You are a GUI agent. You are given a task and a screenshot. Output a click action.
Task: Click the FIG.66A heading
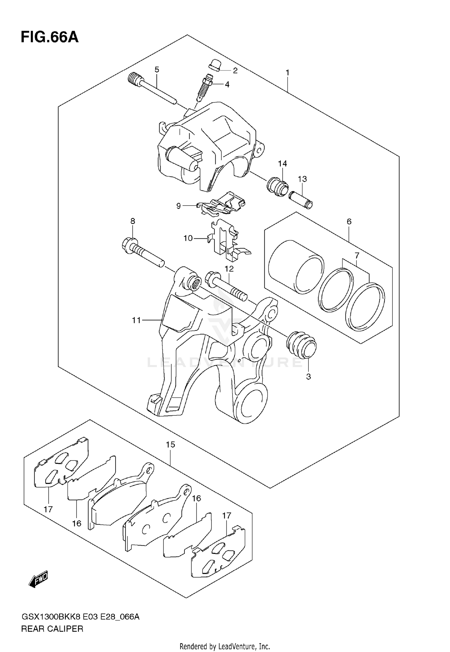coord(49,38)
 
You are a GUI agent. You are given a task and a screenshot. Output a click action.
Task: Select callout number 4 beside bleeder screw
coord(227,85)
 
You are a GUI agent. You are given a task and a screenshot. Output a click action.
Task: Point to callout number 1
coord(287,73)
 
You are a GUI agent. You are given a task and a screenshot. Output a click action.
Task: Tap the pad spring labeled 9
coord(222,204)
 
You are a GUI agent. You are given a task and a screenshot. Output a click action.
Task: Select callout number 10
coord(188,238)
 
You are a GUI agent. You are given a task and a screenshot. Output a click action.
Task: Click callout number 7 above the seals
coord(357,256)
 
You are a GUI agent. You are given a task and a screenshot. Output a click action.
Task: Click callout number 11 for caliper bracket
coord(136,320)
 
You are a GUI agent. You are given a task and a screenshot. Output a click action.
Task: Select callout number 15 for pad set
coord(170,445)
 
